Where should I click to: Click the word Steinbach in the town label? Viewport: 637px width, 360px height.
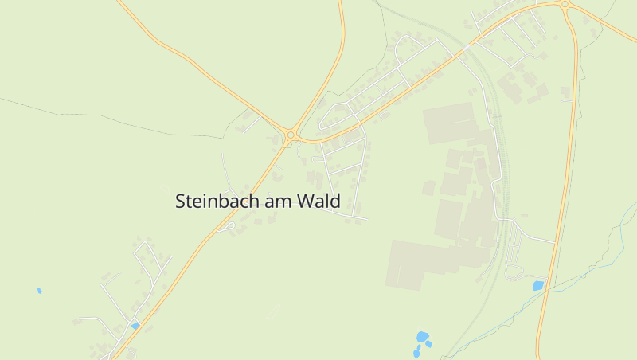tap(217, 202)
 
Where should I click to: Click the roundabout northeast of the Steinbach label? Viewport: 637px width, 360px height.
tap(291, 136)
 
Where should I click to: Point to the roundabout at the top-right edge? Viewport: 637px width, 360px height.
tap(565, 4)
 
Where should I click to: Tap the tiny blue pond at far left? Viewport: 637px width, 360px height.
tap(39, 291)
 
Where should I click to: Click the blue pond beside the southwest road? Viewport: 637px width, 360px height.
tap(135, 326)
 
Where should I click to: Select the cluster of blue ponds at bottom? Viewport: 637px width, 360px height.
tap(421, 341)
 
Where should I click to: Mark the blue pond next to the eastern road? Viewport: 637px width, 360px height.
tap(538, 285)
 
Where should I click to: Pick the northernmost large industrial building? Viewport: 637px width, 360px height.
tap(451, 123)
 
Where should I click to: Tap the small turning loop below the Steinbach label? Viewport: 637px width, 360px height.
tap(226, 228)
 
